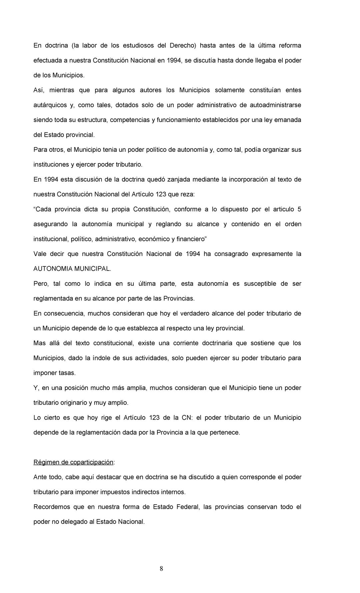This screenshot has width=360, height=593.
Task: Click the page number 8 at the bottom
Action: coord(161,569)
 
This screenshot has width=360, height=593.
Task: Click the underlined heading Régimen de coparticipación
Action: coord(73,462)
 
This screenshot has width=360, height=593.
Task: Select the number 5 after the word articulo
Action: coord(299,209)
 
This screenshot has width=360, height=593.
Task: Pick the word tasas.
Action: coord(67,373)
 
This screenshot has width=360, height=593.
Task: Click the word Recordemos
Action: coord(52,507)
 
